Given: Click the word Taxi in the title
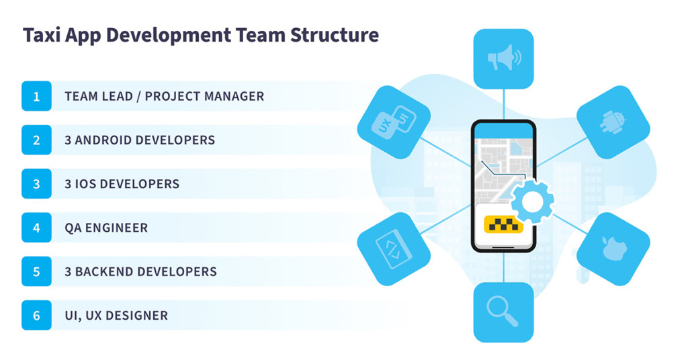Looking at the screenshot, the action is point(42,35).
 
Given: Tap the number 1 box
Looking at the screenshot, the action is point(36,96).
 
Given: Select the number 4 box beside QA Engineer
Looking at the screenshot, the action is point(36,228).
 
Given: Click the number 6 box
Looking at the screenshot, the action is point(36,315).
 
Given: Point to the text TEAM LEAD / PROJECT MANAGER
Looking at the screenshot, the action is point(165,97).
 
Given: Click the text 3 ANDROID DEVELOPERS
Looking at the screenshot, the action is point(140,140).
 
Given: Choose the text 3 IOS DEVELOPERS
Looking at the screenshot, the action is point(122,184).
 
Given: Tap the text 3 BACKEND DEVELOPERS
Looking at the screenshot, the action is point(141,272).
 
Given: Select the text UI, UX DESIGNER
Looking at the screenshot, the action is point(116,316).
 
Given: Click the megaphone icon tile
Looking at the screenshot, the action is point(504,58).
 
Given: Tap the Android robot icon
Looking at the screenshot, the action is point(613,122).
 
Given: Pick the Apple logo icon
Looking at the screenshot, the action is point(614,249).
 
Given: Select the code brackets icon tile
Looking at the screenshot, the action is point(394,249).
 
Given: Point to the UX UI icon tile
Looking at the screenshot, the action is point(394,122).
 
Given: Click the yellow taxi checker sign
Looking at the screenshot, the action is point(503,224).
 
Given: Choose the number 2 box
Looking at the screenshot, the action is point(36,140).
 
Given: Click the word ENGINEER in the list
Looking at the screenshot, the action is point(116,228).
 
